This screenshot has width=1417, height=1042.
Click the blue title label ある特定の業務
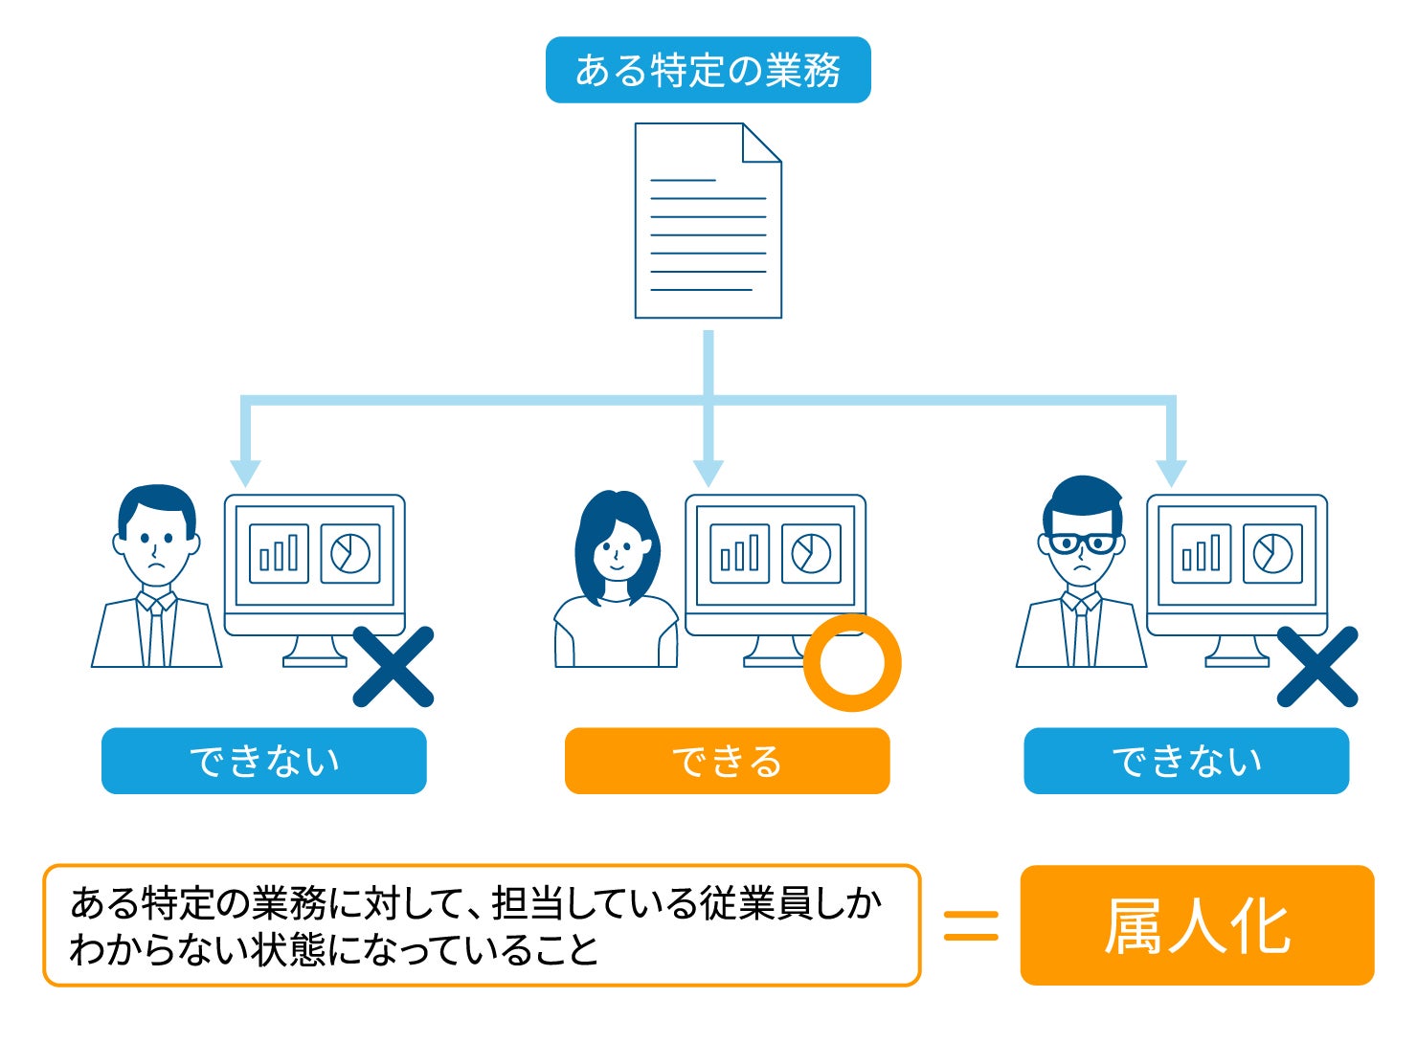pos(708,70)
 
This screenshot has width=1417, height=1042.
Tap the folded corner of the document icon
pos(761,143)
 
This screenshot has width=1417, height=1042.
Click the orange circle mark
pos(852,663)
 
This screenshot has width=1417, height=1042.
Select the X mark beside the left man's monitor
pos(393,666)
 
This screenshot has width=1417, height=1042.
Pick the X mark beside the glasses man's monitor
pos(1317,666)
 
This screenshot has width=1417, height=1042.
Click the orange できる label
pos(727,762)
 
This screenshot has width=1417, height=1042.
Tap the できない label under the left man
pos(264,762)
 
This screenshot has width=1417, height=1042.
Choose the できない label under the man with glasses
pos(1187,762)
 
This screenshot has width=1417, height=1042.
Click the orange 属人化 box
pos(1198,925)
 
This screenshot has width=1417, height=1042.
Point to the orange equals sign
pos(971,925)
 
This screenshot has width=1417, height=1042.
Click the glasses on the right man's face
pos(1081,543)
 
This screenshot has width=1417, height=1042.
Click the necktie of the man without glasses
pos(157,632)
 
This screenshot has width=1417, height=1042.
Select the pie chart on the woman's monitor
pos(811,553)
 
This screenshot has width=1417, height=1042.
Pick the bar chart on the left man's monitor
pos(279,553)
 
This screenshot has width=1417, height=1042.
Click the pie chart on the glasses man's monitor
pos(1272,553)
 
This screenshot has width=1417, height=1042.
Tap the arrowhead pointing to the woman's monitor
pos(708,473)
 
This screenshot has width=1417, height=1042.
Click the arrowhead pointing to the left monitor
pos(245,473)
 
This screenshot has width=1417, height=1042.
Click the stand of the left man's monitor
pos(314,652)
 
